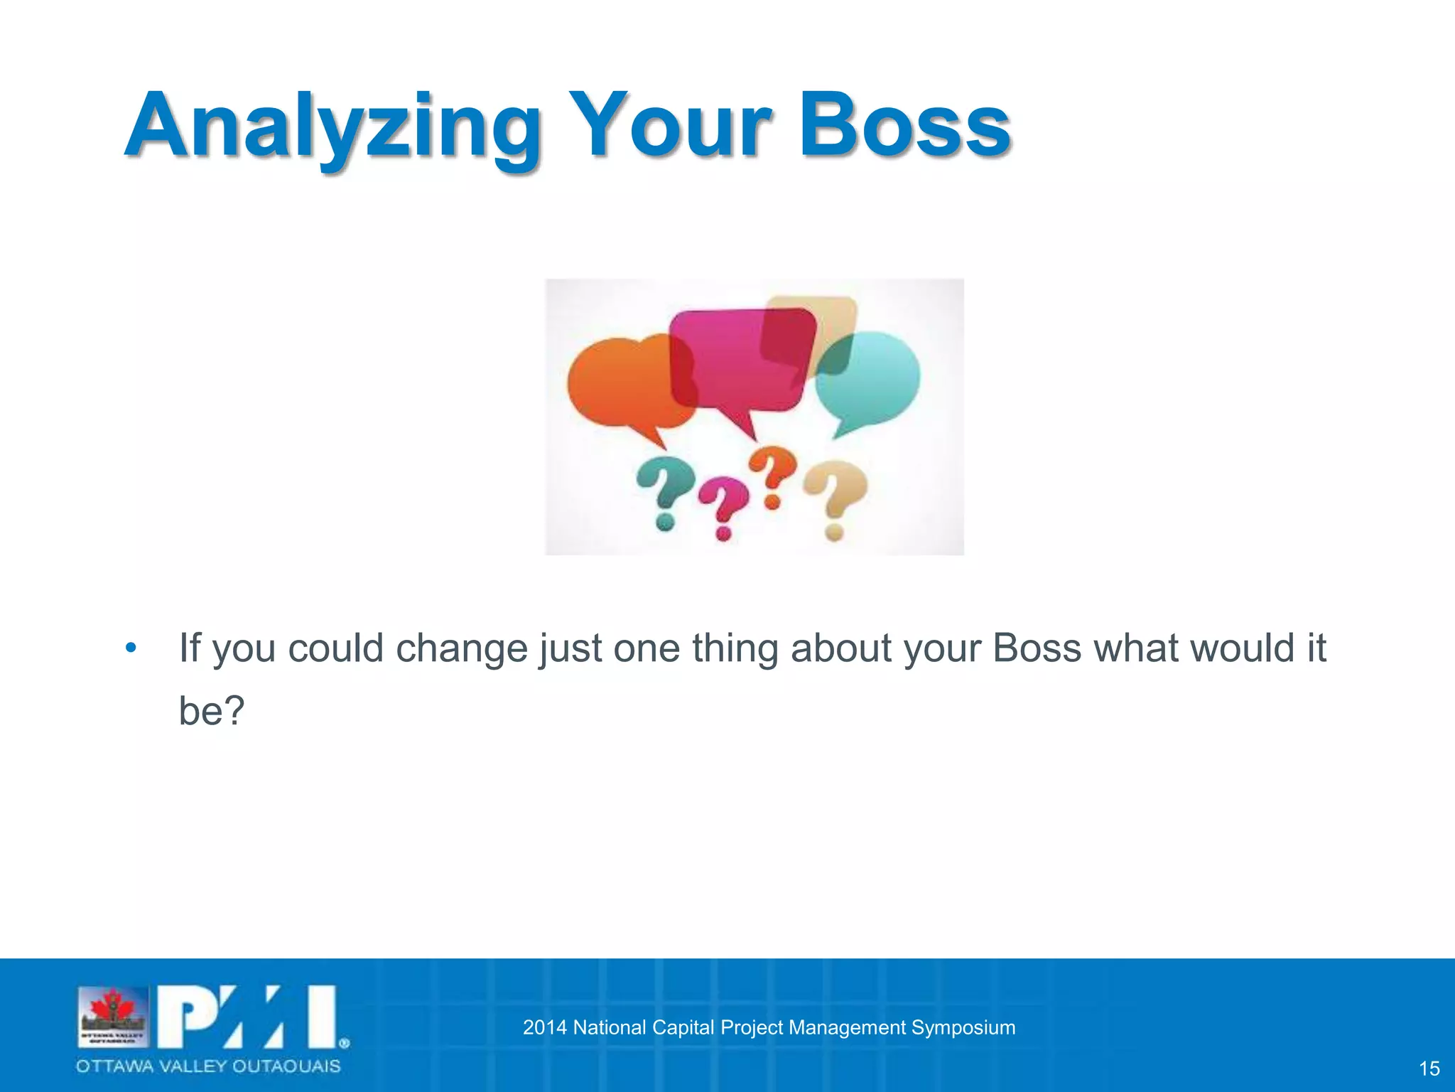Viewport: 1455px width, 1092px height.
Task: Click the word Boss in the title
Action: pyautogui.click(x=904, y=127)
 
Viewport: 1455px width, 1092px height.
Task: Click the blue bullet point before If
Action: pyautogui.click(x=130, y=648)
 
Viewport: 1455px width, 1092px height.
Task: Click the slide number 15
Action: pyautogui.click(x=1429, y=1069)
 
